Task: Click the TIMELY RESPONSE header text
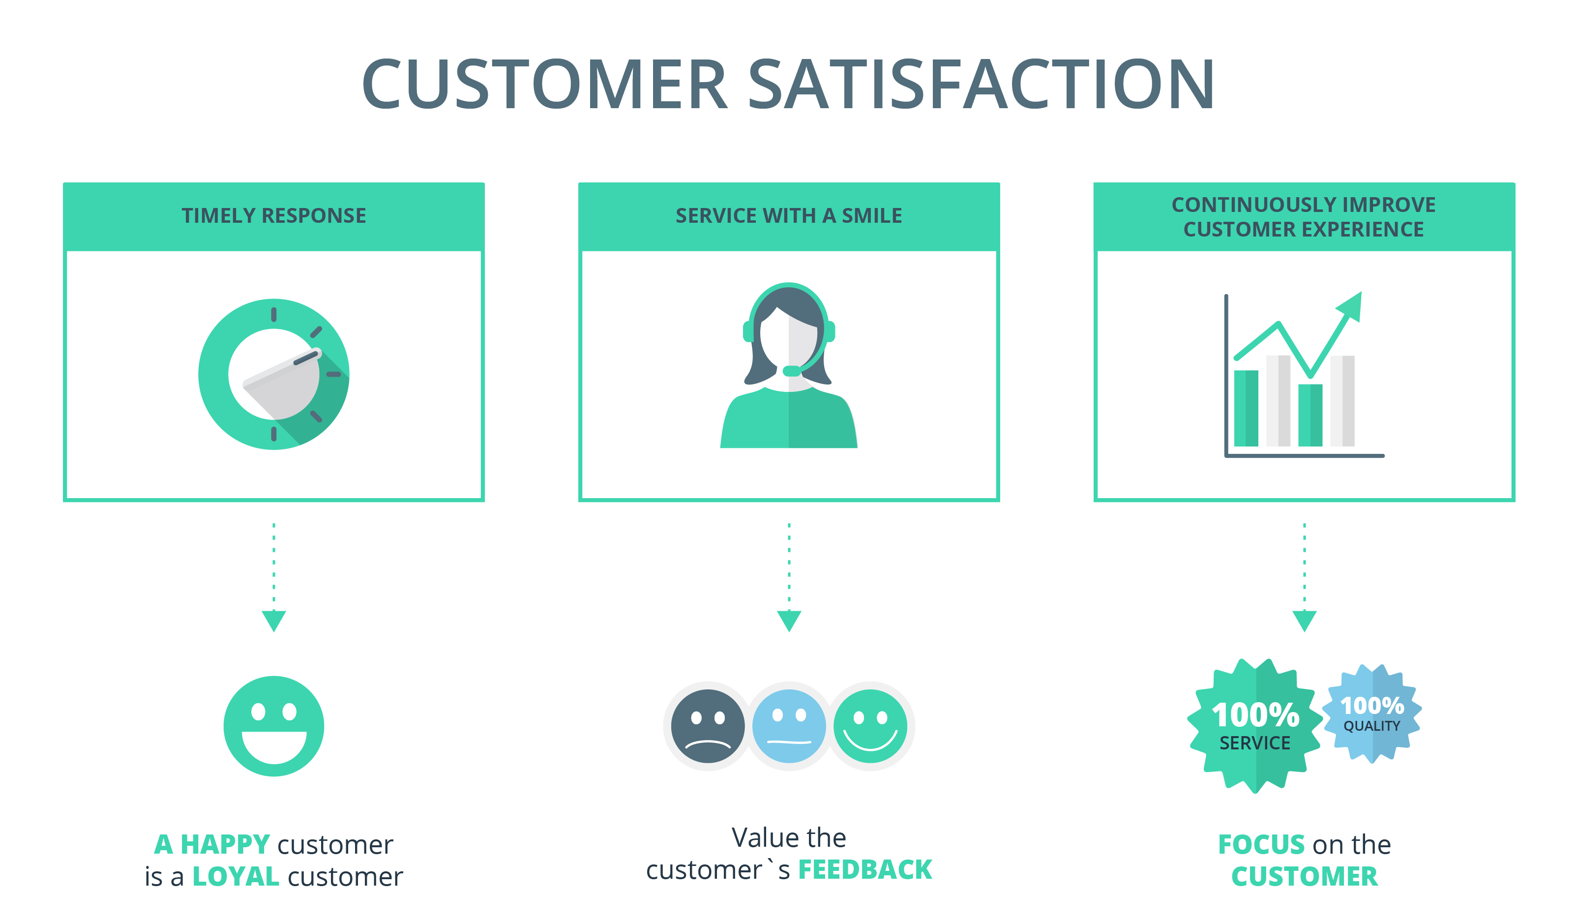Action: coord(273,215)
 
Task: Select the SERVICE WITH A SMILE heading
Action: coord(788,215)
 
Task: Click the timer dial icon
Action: coord(273,374)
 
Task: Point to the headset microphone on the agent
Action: coord(792,371)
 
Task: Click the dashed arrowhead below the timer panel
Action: coord(273,620)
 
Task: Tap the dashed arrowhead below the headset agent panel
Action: coord(789,620)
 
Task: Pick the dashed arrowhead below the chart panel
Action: coord(1305,620)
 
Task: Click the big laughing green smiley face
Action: coord(273,726)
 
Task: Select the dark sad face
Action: coord(708,726)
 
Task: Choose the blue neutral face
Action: coord(788,726)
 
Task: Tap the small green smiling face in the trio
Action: coord(870,726)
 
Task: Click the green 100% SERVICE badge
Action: coord(1255,726)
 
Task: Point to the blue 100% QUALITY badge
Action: coord(1371,714)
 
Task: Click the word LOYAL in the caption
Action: coord(236,876)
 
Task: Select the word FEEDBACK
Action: coord(865,869)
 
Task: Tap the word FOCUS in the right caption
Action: coord(1260,844)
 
